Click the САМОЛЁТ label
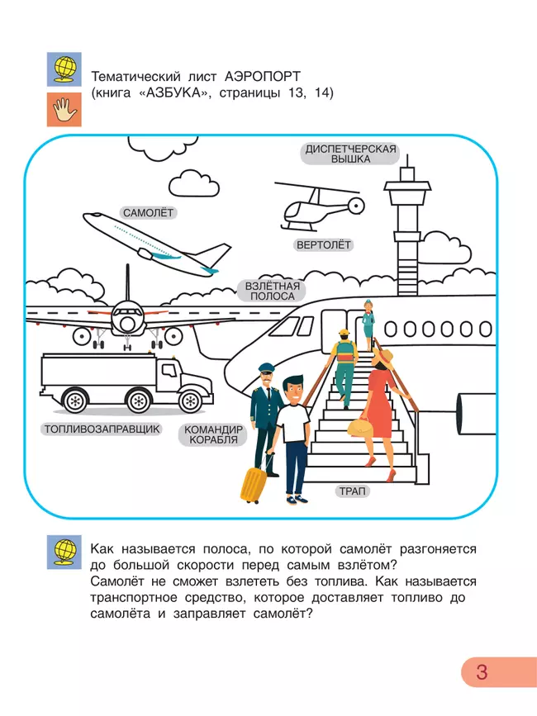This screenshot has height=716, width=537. click(150, 213)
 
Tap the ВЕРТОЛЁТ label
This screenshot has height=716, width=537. click(324, 245)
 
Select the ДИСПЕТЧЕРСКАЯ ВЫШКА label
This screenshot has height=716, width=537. click(351, 154)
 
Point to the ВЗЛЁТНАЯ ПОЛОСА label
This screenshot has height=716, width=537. click(272, 291)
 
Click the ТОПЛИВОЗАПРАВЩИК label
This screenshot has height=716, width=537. click(100, 429)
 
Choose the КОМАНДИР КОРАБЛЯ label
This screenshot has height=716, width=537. click(213, 434)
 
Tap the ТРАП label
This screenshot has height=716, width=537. click(353, 491)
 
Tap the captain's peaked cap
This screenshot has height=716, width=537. click(266, 368)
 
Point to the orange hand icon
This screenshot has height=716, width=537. click(64, 110)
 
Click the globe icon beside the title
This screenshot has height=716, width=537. click(64, 69)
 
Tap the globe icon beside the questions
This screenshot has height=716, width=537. click(64, 552)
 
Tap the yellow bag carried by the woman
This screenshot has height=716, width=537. click(361, 428)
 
